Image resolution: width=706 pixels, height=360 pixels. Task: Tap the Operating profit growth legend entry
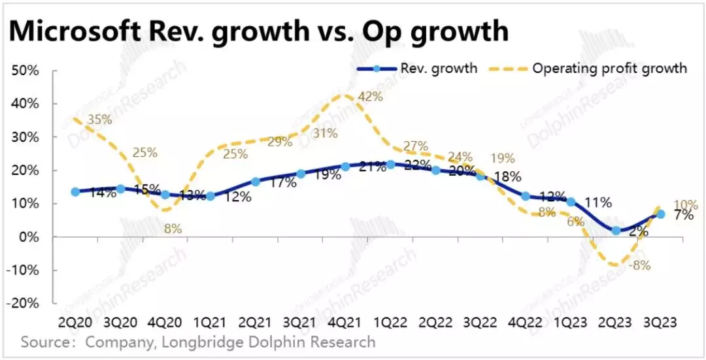[609, 68]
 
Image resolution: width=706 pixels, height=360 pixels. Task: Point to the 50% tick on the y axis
[25, 71]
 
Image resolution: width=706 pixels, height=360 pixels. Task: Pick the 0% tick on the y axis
[29, 237]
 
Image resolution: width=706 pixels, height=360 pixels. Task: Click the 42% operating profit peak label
[369, 96]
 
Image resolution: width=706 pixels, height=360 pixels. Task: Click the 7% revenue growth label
[684, 214]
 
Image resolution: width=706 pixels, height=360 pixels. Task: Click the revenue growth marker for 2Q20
[75, 191]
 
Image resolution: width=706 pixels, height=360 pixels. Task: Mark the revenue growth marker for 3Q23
[660, 214]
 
